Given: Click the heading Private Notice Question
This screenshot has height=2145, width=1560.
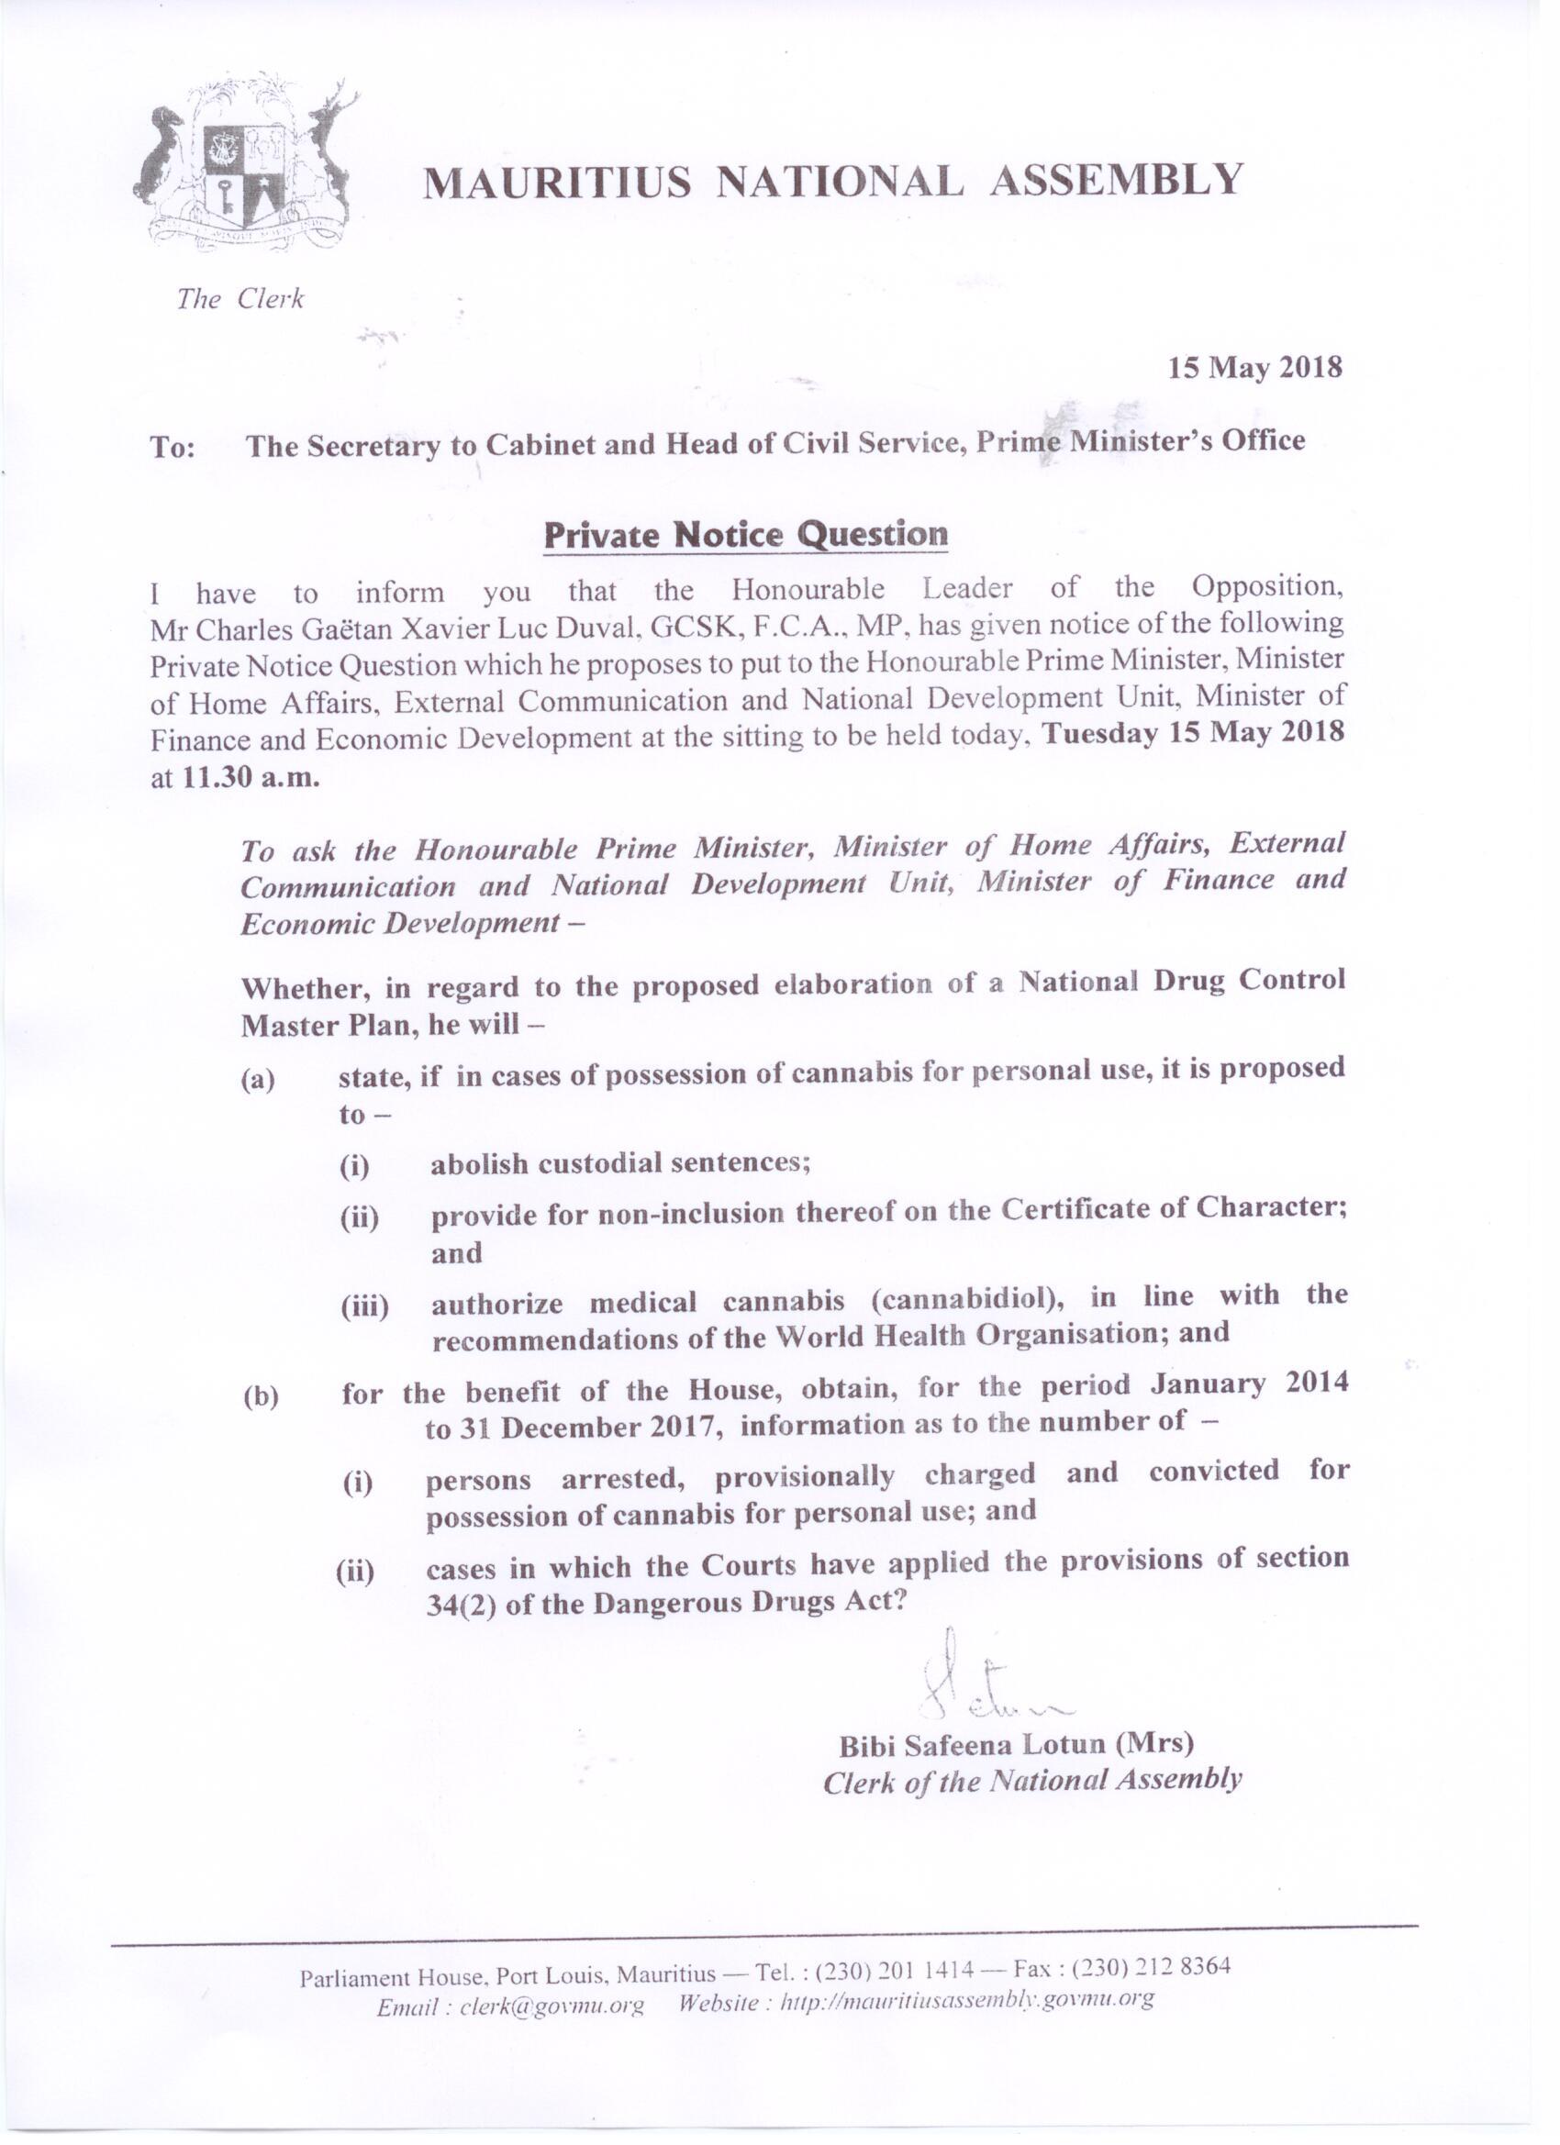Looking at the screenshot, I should [745, 535].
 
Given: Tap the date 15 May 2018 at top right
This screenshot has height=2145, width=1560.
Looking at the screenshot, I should [1254, 367].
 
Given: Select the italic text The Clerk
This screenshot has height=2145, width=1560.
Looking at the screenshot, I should [240, 300].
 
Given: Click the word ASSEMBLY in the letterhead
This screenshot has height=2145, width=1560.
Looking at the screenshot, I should [1115, 180].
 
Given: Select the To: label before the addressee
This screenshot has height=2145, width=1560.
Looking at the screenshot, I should [173, 448].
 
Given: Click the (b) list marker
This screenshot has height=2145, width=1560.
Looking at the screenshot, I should [261, 1398].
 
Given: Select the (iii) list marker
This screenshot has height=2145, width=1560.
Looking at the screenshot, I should [364, 1309].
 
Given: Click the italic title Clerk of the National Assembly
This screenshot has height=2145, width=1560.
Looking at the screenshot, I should [1031, 1782].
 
